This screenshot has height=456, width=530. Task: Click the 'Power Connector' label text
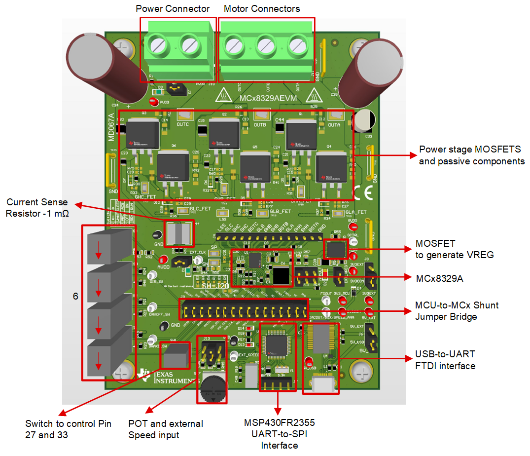(x=173, y=9)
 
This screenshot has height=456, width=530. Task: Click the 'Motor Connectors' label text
(x=262, y=9)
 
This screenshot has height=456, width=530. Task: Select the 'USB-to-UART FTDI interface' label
(x=445, y=360)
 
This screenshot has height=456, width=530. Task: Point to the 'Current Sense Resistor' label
(x=37, y=208)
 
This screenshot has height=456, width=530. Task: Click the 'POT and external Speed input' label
(x=166, y=429)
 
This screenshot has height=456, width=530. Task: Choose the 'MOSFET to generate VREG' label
(x=455, y=249)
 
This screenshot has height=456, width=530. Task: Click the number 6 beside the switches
(x=75, y=296)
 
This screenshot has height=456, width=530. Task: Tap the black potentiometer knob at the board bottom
(x=212, y=390)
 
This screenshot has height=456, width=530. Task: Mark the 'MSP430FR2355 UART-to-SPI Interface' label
(x=279, y=434)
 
